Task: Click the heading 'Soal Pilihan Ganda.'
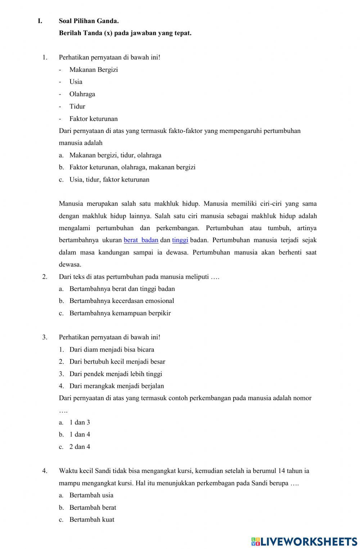point(89,21)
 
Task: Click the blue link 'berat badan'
point(141,240)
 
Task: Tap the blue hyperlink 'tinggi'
point(180,240)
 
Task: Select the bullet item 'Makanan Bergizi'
point(93,70)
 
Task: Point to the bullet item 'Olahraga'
point(82,94)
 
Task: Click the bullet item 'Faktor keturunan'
point(93,119)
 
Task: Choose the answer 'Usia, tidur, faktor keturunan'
point(109,179)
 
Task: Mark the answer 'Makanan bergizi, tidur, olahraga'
point(115,155)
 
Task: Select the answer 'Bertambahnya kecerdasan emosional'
point(121,301)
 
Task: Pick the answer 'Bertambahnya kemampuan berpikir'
point(120,313)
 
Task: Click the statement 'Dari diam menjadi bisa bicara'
point(112,349)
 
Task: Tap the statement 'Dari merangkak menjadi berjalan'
point(116,386)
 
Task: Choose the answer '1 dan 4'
point(80,434)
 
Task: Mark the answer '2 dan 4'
point(80,447)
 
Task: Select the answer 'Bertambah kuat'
point(91,519)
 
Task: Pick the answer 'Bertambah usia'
point(91,495)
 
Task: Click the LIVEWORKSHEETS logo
point(304,541)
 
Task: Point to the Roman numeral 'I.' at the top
point(40,21)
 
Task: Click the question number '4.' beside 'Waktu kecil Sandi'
point(45,471)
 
